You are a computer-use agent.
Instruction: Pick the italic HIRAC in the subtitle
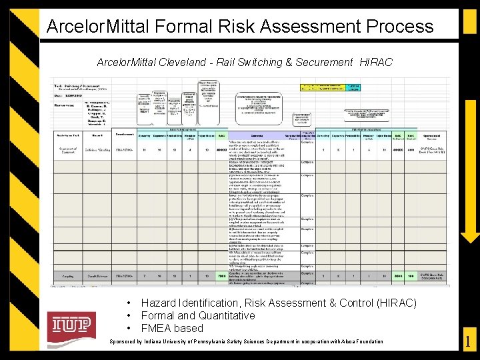pos(376,62)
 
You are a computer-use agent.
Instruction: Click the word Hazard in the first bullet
pos(159,303)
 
